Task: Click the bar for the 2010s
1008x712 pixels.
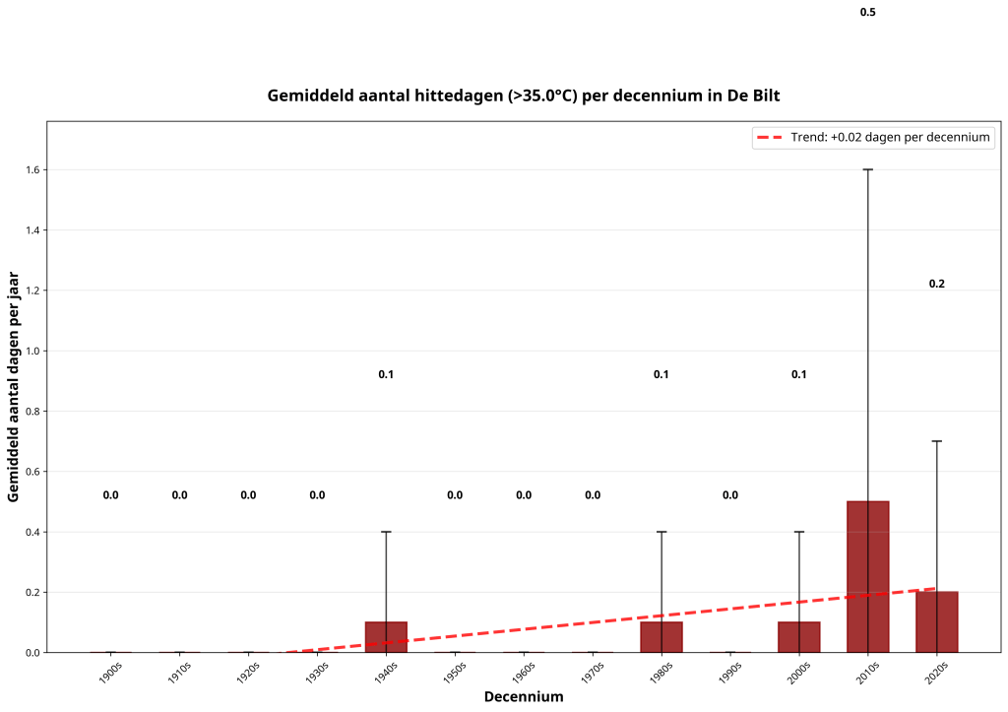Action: click(x=867, y=576)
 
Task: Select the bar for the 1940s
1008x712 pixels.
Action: click(x=386, y=637)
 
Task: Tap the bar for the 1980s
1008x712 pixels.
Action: click(x=661, y=637)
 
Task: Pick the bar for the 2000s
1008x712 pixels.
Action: click(x=799, y=637)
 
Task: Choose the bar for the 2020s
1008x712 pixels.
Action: click(x=936, y=621)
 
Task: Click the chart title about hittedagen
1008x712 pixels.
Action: click(x=524, y=96)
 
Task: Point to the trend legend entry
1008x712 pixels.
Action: click(x=874, y=138)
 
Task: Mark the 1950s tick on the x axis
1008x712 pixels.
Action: click(x=454, y=676)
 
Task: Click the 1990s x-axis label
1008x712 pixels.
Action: click(x=728, y=676)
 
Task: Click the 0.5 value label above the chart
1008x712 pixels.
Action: click(x=867, y=13)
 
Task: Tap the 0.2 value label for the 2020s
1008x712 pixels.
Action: click(x=936, y=284)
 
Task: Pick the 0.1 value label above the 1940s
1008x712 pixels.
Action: click(x=386, y=374)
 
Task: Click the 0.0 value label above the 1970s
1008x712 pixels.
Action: click(x=593, y=495)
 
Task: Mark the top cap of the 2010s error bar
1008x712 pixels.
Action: click(x=867, y=169)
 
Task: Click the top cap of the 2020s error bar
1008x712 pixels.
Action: click(x=936, y=441)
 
